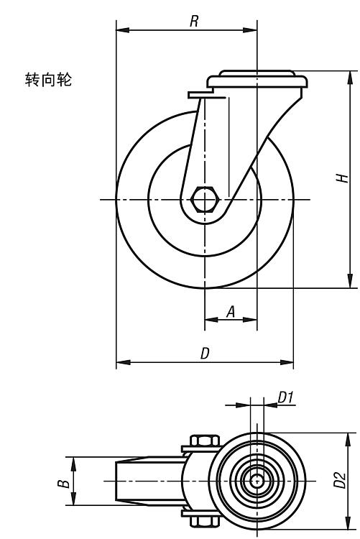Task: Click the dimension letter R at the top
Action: (194, 21)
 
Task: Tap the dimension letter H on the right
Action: (343, 178)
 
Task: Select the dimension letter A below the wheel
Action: (231, 311)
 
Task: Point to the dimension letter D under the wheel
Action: (205, 354)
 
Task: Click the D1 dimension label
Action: (285, 397)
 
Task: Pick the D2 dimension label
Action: (340, 479)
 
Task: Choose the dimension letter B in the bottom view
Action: (64, 484)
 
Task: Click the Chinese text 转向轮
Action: (48, 79)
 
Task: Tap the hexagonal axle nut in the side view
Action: (205, 199)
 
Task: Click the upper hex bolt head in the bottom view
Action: (205, 441)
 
